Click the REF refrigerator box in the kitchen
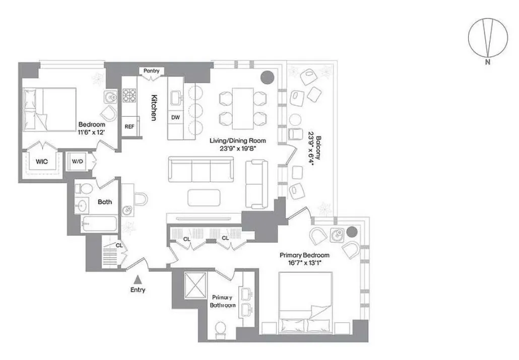[129, 126]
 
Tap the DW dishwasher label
[176, 117]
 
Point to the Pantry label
[151, 71]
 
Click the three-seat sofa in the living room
[201, 170]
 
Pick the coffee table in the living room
[204, 197]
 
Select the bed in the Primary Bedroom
[305, 300]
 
